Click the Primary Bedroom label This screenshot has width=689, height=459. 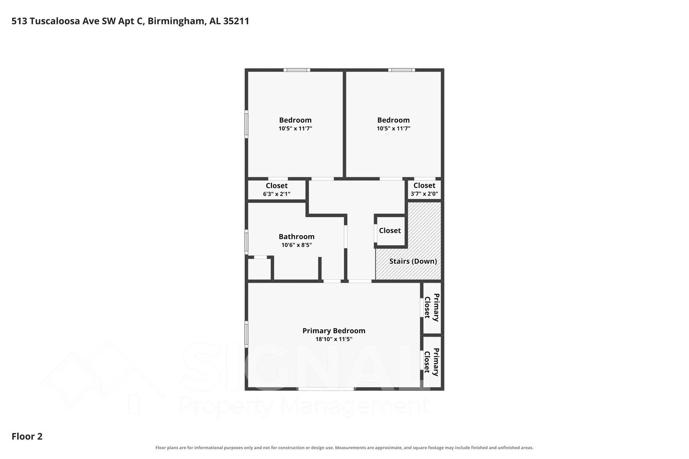pyautogui.click(x=334, y=331)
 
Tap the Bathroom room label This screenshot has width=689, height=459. pyautogui.click(x=296, y=236)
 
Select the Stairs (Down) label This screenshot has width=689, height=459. pyautogui.click(x=413, y=261)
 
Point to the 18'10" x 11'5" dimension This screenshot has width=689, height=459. pyautogui.click(x=334, y=339)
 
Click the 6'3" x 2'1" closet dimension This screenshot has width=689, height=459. pyautogui.click(x=277, y=194)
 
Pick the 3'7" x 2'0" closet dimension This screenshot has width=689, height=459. pyautogui.click(x=424, y=194)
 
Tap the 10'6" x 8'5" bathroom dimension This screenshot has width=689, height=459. pyautogui.click(x=296, y=245)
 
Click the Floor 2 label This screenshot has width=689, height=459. pyautogui.click(x=27, y=436)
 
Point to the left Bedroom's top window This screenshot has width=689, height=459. pyautogui.click(x=296, y=70)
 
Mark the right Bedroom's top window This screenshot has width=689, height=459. pyautogui.click(x=402, y=70)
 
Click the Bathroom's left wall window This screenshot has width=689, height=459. pyautogui.click(x=246, y=242)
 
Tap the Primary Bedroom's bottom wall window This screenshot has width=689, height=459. pyautogui.click(x=326, y=389)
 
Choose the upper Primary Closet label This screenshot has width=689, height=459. pyautogui.click(x=432, y=307)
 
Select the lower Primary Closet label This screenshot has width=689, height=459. pyautogui.click(x=432, y=362)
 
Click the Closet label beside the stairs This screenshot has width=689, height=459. pyautogui.click(x=390, y=230)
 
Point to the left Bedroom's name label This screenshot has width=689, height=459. pyautogui.click(x=295, y=120)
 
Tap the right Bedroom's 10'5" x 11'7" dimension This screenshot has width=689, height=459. pyautogui.click(x=393, y=128)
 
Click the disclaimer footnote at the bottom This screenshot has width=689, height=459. pyautogui.click(x=344, y=448)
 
